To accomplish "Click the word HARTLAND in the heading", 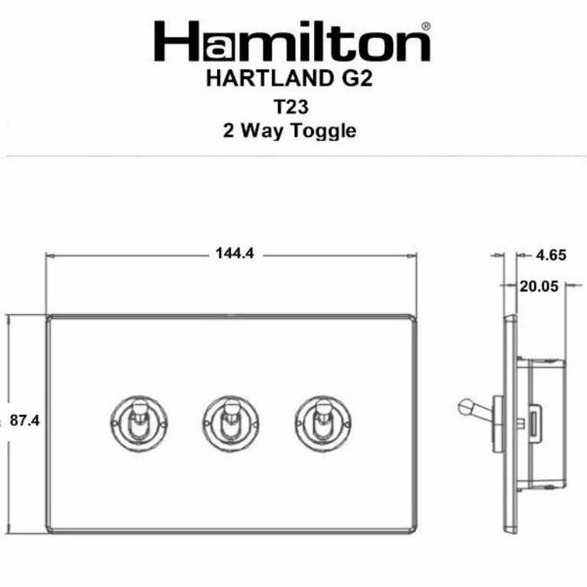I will point(259,79).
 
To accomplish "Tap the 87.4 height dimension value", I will point(25,420).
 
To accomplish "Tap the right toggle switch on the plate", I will point(321,420).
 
